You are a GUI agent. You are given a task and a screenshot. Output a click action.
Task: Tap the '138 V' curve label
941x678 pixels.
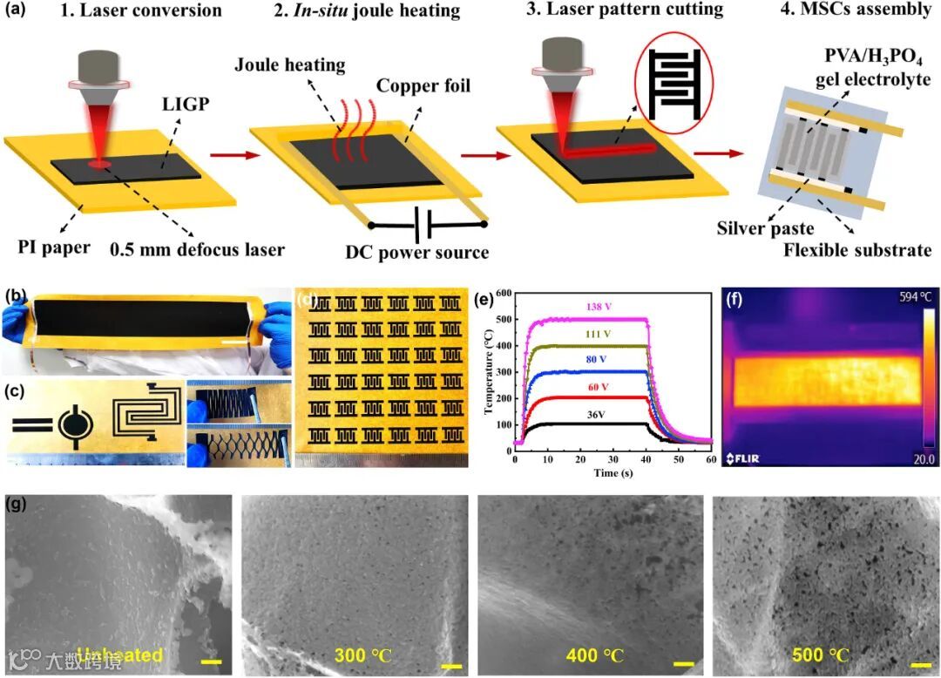tap(594, 308)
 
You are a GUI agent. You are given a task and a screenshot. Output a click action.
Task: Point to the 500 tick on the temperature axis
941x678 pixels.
tap(504, 320)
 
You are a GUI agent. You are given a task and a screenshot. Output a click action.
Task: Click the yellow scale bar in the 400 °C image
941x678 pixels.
tap(684, 664)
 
